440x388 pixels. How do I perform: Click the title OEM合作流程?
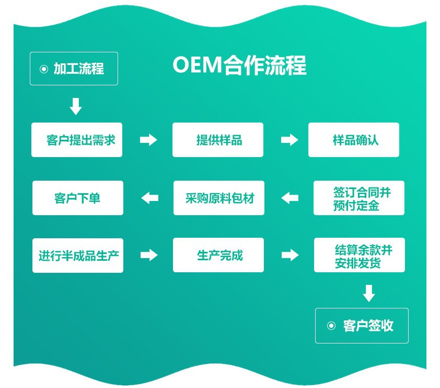tap(239, 66)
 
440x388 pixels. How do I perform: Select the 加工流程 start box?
tap(74, 69)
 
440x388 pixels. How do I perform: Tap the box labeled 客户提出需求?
tap(77, 140)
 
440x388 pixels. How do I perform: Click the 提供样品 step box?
tap(218, 140)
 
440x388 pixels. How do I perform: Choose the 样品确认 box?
tap(354, 140)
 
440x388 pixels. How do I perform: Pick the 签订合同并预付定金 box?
tap(359, 198)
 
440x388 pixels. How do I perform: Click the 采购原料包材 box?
tap(219, 198)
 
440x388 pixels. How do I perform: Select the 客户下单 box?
tap(78, 198)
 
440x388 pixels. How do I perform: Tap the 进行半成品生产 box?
tap(78, 255)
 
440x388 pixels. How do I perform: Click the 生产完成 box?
tap(218, 255)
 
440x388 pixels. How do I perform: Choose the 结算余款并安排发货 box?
tap(360, 255)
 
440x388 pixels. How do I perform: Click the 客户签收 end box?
tap(362, 326)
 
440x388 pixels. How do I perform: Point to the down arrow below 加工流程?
tap(76, 106)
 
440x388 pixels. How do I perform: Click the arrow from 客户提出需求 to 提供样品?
tap(148, 140)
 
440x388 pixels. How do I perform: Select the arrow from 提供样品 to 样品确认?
tap(290, 140)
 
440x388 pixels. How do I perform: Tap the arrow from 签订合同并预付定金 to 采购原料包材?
tap(290, 198)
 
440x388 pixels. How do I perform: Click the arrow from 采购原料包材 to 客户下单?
tap(150, 198)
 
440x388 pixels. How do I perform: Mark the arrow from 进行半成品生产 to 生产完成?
tap(149, 255)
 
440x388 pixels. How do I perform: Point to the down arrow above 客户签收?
tap(369, 293)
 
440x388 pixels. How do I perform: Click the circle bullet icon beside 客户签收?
tap(331, 326)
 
